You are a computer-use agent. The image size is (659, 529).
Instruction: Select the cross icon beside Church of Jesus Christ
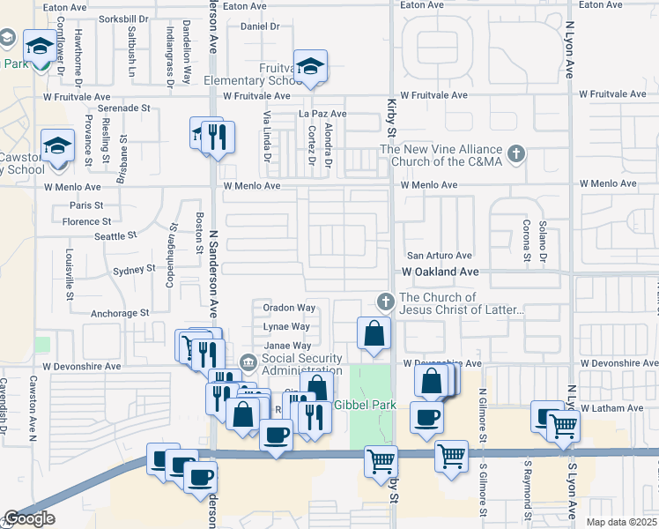[x=384, y=302]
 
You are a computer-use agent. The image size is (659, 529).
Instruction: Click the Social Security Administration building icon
[x=248, y=361]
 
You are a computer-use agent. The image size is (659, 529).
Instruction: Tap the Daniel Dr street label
[x=259, y=26]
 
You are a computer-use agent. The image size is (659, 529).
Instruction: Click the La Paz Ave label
[x=322, y=114]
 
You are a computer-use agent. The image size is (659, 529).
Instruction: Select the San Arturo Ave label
[x=438, y=255]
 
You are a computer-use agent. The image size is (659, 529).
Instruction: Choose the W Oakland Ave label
[x=441, y=272]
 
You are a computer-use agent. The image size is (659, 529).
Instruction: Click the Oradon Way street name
[x=289, y=308]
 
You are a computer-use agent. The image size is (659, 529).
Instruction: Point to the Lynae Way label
[x=287, y=327]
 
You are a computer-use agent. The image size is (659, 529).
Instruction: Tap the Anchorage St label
[x=120, y=313]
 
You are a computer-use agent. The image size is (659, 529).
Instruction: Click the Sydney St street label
[x=134, y=271]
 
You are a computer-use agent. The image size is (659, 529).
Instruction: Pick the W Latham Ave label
[x=611, y=408]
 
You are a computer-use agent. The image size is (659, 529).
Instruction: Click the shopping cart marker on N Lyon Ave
[x=564, y=426]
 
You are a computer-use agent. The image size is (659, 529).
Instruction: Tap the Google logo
[x=29, y=518]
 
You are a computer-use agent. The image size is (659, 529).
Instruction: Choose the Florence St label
[x=87, y=222]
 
